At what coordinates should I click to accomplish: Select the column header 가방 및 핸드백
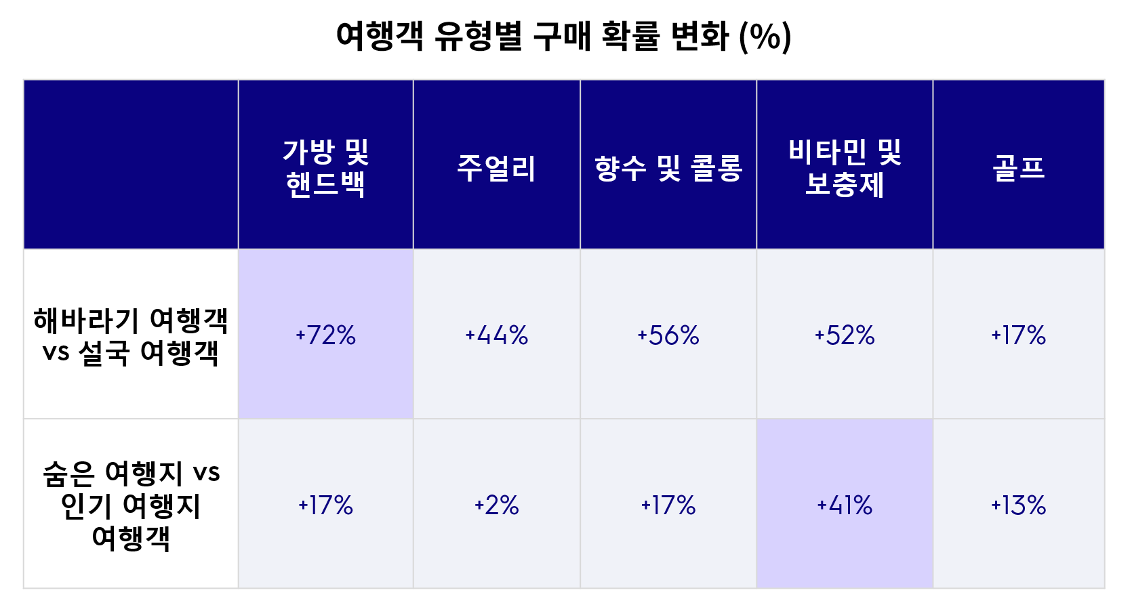325,168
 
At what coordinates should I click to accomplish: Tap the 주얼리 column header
496,168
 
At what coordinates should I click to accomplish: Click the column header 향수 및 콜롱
668,168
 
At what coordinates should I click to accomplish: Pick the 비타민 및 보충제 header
845,168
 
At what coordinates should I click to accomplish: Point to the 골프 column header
1018,168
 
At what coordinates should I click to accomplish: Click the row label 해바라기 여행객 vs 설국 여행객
131,336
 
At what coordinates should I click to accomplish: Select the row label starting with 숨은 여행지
131,505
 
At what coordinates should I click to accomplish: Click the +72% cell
325,335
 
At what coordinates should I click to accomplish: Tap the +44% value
496,335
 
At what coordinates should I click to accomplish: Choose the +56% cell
668,335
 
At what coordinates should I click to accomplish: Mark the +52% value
845,335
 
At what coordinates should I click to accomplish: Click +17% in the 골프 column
1018,335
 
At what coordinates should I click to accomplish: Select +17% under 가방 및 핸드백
325,505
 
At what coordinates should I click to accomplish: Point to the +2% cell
496,505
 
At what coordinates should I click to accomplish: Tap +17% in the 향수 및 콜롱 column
668,505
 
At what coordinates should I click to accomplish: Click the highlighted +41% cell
845,505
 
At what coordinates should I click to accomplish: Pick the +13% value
1018,505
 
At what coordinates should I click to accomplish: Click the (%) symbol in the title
765,37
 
